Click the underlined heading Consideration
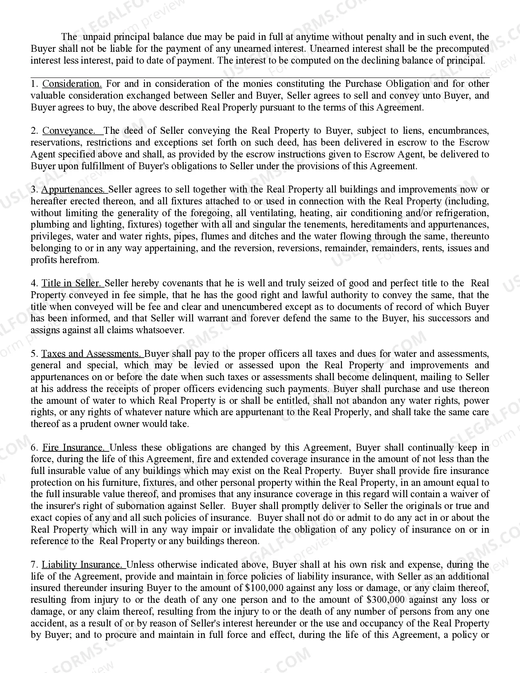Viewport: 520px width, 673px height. (72, 84)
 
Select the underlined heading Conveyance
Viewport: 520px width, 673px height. (69, 131)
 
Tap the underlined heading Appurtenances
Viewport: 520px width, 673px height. (73, 190)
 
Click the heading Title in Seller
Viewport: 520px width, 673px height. (71, 283)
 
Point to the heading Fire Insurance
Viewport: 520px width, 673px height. (74, 448)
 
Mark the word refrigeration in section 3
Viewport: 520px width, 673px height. (462, 213)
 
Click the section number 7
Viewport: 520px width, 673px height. (34, 565)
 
